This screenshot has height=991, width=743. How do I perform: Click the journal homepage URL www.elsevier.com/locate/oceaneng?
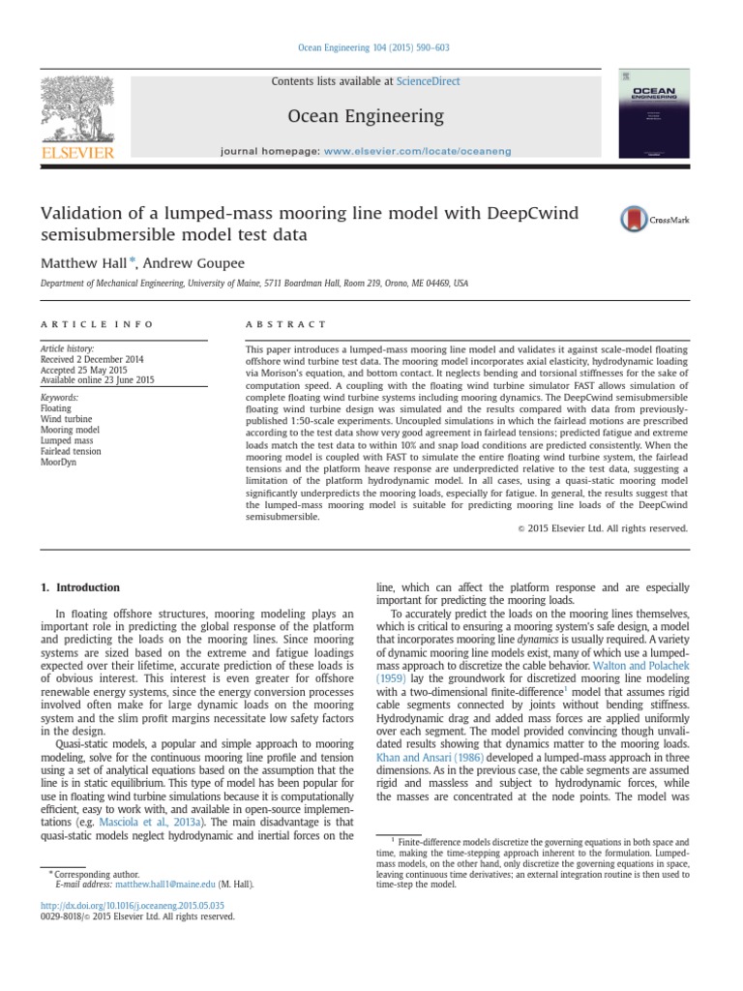(x=417, y=152)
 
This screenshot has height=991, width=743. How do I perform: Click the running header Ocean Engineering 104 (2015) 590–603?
(x=371, y=47)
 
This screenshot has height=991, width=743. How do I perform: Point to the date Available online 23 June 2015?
(x=97, y=380)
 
